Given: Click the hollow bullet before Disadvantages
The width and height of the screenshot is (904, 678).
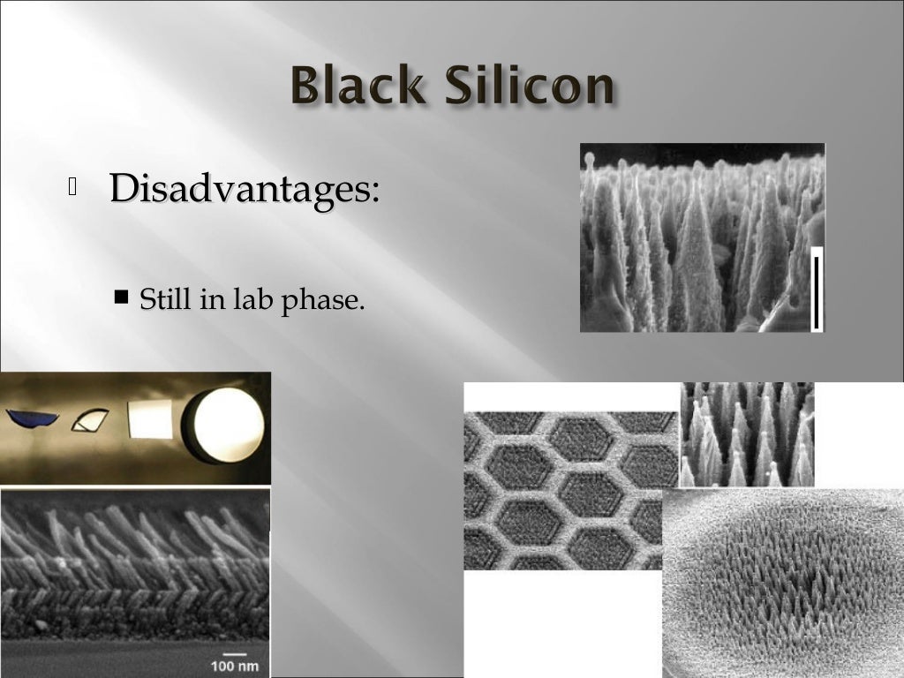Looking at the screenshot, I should tap(72, 186).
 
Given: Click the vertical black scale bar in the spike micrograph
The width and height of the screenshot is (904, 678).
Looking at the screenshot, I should tap(817, 291).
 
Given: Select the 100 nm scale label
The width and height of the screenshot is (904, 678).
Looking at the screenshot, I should tap(235, 664).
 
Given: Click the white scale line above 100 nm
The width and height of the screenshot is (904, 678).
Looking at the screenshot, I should tap(235, 652).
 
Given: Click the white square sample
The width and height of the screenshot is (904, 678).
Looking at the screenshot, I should tap(150, 419).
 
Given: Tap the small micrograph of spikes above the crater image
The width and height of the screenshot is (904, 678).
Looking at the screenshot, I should tap(747, 434).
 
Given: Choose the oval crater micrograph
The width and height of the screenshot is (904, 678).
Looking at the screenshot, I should tap(782, 583).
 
